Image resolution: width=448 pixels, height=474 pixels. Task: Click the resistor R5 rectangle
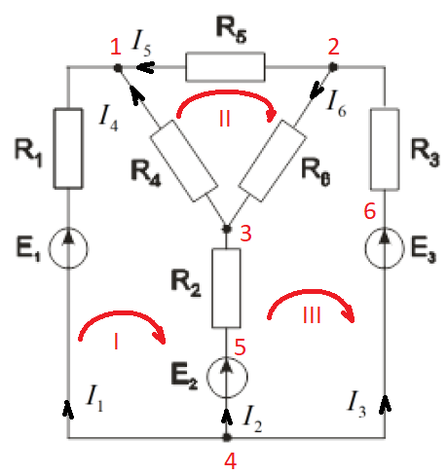tap(225, 66)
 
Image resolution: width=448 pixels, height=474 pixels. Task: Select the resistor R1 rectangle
tap(68, 148)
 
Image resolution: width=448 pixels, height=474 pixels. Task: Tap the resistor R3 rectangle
tap(385, 149)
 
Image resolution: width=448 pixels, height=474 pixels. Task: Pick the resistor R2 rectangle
tap(226, 288)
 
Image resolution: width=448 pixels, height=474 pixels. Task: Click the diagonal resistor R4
tap(184, 161)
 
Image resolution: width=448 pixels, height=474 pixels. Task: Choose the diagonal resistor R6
tap(273, 161)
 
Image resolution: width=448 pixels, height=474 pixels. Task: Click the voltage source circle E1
tap(68, 248)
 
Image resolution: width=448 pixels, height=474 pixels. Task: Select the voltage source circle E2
tap(227, 377)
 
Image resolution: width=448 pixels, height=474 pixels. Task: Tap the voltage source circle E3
tap(385, 248)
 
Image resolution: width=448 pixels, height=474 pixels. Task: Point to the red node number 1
tap(116, 47)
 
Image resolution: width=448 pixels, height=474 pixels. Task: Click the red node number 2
tap(333, 47)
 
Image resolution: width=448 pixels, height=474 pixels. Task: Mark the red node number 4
tap(230, 460)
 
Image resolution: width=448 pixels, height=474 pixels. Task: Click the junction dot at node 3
tap(227, 229)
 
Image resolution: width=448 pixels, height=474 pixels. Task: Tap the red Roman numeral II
tap(225, 119)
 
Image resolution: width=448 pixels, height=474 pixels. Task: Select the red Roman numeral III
tap(312, 314)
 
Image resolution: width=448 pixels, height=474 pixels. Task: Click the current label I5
tap(141, 44)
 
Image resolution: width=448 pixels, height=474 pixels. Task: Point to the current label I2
tap(252, 419)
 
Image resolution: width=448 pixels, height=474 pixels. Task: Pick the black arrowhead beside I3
tap(385, 404)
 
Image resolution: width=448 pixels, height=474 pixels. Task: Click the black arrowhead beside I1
tap(67, 410)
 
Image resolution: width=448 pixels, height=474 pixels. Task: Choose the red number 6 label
tap(370, 211)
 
